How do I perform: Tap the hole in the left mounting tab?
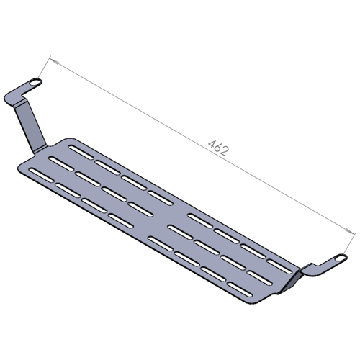(34, 84)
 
